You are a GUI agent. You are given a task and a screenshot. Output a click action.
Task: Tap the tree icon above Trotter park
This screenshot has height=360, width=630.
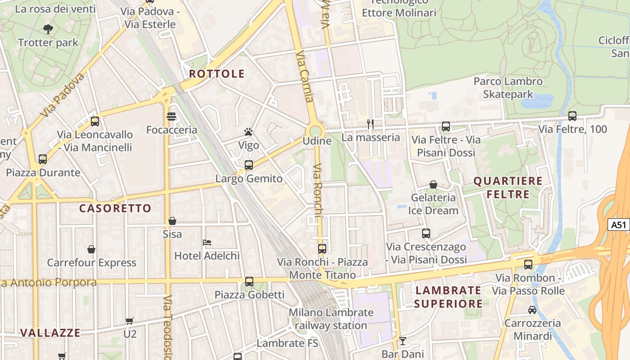[48, 30]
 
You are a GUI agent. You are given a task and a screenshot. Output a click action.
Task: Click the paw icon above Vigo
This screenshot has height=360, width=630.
[248, 132]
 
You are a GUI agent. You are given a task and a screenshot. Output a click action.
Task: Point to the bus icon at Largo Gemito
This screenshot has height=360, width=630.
[249, 165]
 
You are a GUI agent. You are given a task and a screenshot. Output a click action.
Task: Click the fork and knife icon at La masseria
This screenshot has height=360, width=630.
[370, 124]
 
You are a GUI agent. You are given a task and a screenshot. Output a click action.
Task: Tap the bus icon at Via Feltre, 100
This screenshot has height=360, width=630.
[572, 116]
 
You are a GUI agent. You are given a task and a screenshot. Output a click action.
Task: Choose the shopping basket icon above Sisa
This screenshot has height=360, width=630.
[172, 221]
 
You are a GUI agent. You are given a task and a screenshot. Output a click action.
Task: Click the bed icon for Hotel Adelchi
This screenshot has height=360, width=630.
[207, 243]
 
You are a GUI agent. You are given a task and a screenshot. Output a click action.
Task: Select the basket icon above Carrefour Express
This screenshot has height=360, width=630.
[91, 249]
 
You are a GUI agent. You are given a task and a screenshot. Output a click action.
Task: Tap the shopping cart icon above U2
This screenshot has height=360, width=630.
[130, 321]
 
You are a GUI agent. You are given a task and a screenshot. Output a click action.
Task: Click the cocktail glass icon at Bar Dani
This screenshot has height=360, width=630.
[402, 341]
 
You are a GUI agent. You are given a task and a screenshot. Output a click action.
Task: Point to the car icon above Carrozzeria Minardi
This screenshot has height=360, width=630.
[532, 310]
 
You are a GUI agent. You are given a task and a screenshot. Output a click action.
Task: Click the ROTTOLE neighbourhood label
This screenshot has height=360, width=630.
[217, 74]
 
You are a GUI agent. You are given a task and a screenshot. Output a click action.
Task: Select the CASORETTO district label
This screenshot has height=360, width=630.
[115, 208]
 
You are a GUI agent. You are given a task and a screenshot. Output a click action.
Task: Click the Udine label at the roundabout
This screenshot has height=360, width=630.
[317, 141]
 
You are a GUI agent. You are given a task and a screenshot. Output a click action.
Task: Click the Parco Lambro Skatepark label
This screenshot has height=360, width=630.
[508, 88]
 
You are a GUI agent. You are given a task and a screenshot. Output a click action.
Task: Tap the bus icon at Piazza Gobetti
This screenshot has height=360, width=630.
[249, 282]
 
